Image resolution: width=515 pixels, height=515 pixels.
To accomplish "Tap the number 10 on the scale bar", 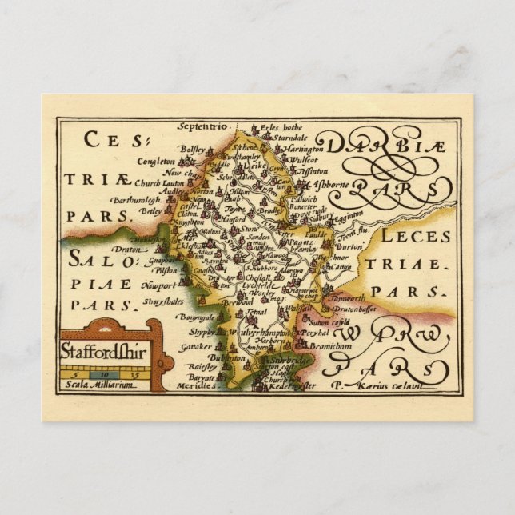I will pyautogui.click(x=104, y=373).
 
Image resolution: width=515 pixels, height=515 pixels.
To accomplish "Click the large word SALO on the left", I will pyautogui.click(x=95, y=259).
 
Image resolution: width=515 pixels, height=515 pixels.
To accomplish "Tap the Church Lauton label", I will pyautogui.click(x=161, y=182).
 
